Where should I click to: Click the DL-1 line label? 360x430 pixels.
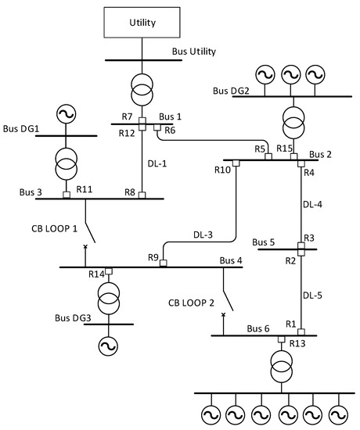[157, 164]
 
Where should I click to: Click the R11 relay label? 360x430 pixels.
[85, 190]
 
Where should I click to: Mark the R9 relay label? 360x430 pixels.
[153, 257]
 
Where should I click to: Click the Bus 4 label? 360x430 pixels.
[232, 260]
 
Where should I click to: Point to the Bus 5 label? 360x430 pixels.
[263, 242]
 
